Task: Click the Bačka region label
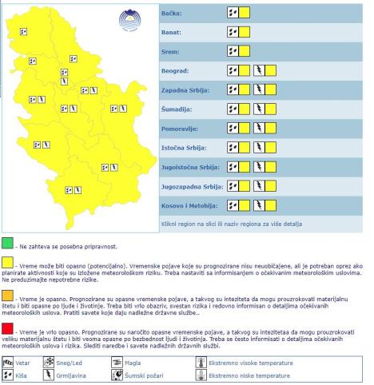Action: [x=172, y=14]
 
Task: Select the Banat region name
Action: [x=172, y=33]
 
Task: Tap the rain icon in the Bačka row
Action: [x=233, y=14]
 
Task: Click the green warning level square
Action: [x=7, y=242]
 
